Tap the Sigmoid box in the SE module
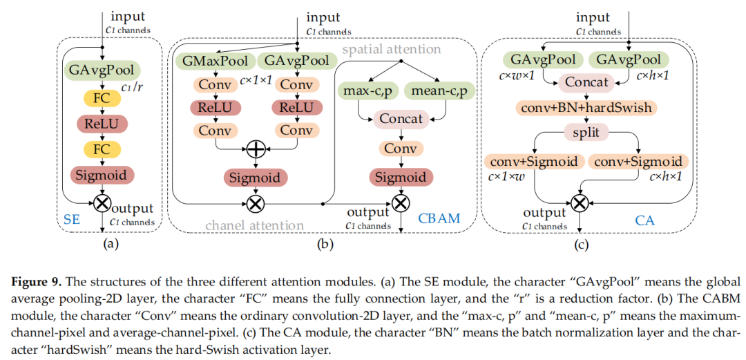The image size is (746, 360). pos(102,175)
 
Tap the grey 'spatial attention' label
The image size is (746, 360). pos(391,49)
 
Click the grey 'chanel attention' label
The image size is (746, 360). pos(255,225)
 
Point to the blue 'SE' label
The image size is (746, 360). pos(73,219)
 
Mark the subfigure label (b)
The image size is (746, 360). pos(323,244)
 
